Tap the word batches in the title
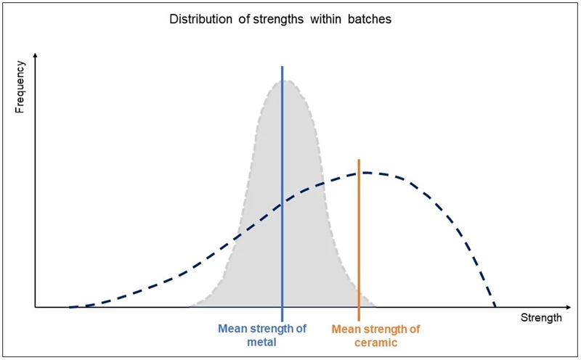tap(371, 20)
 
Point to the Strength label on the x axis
tap(541, 318)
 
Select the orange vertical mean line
tap(359, 240)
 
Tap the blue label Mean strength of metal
tap(262, 335)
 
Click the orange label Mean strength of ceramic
tap(375, 335)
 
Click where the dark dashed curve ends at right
tap(495, 306)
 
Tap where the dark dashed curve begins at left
tap(70, 306)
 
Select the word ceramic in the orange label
tap(375, 341)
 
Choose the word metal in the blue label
tap(262, 341)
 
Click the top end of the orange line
tap(359, 160)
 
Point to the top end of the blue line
tap(282, 66)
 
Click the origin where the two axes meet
tap(35, 307)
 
